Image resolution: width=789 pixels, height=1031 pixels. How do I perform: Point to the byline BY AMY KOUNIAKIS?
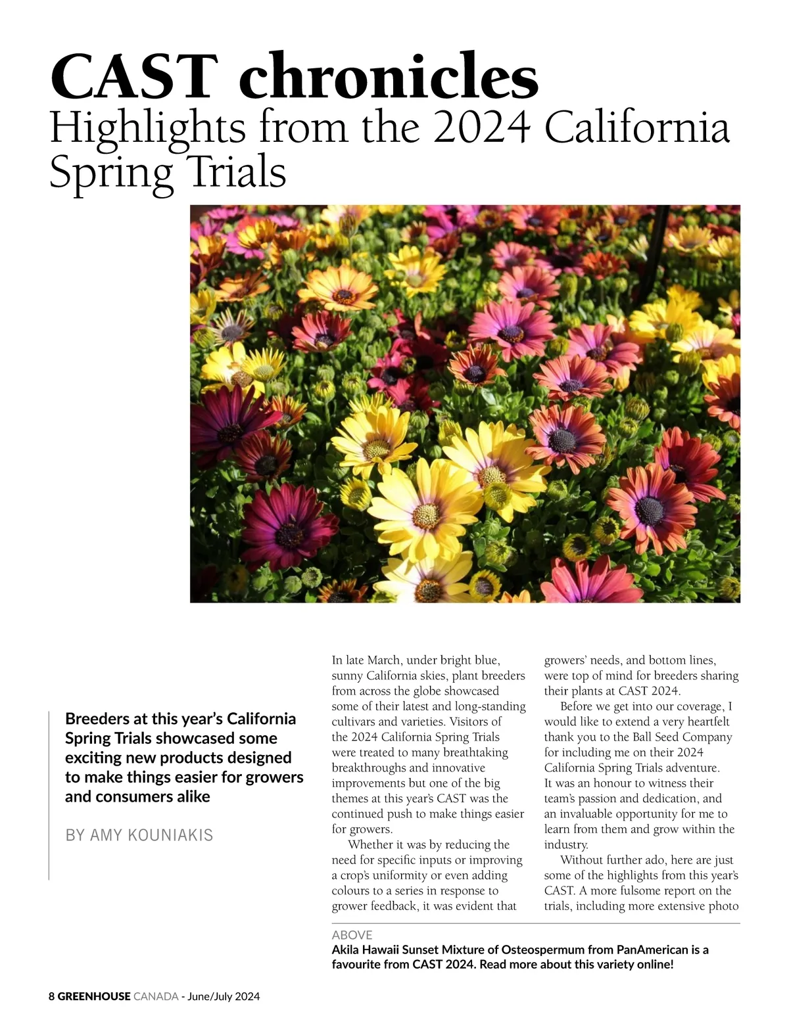139,835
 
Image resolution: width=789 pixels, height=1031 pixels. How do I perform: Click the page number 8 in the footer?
52,996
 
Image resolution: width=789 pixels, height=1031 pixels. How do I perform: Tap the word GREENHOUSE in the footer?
93,996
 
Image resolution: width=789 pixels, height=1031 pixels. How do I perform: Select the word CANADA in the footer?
155,996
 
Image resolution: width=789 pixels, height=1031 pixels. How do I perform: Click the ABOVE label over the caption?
352,934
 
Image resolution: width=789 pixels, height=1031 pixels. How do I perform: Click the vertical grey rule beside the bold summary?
49,795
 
